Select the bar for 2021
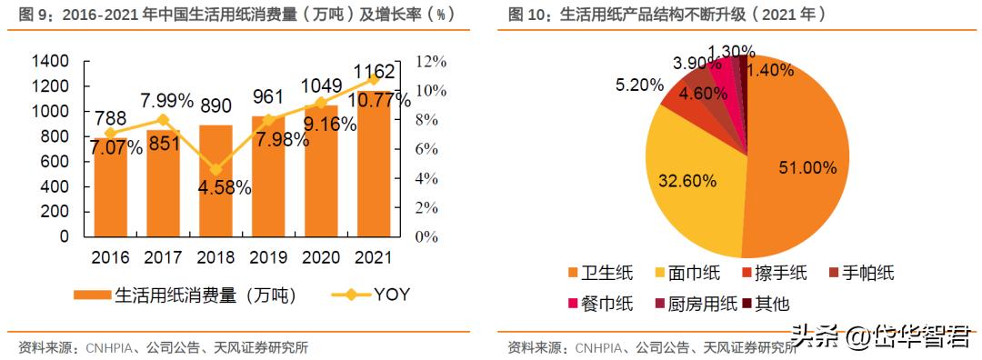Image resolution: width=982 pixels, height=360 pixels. (374, 164)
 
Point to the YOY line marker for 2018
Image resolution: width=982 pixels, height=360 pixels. (216, 169)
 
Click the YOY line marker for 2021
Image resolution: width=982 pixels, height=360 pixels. (374, 79)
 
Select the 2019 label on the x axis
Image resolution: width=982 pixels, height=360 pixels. (268, 257)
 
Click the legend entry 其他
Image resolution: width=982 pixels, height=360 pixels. (772, 304)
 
